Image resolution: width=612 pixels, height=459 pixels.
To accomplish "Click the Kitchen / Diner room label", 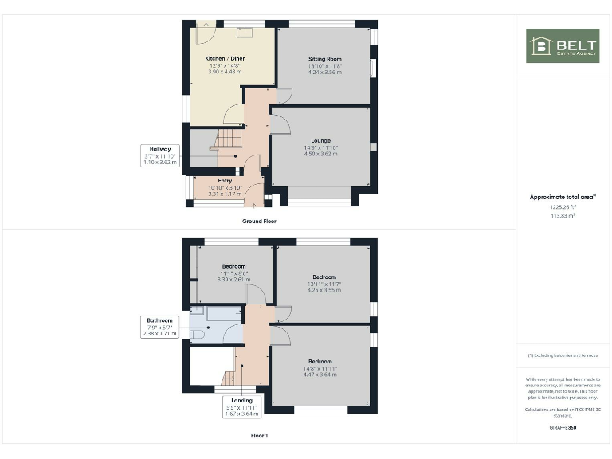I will coord(225,59).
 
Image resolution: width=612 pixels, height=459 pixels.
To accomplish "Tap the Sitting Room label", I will coord(324,59).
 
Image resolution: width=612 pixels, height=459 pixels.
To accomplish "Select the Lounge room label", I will coord(321,140).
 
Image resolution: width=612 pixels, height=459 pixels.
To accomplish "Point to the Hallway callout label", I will coord(157,149).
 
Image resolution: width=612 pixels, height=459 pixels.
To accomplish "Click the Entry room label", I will coord(225,180).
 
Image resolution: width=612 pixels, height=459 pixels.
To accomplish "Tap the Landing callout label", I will coord(241,400).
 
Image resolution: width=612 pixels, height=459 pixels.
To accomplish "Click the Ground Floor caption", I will coord(260,221).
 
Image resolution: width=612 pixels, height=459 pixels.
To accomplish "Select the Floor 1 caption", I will coord(260,436).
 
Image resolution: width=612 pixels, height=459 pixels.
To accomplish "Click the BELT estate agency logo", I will coord(563,45).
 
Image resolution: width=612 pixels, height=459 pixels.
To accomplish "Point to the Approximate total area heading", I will coord(562,197).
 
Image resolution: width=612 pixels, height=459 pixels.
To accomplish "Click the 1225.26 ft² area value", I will coord(563,206).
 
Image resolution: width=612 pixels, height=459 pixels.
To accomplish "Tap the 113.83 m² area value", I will coord(563,215).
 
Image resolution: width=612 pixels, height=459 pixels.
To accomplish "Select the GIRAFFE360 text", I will coord(563,429).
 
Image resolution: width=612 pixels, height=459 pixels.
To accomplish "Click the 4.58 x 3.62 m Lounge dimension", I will coord(321,153).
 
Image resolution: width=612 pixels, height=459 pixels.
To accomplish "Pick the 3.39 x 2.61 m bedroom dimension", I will coord(234,279).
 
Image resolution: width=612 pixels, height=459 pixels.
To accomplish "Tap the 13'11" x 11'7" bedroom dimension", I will coord(324,284).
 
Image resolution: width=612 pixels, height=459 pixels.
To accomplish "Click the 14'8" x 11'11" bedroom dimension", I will coord(321,367).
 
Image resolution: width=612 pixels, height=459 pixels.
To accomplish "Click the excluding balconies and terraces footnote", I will coord(563,355).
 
